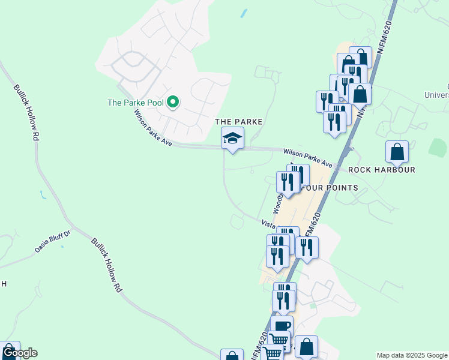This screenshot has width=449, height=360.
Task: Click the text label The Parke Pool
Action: pyautogui.click(x=135, y=103)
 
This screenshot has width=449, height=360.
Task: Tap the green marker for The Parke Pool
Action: pyautogui.click(x=173, y=103)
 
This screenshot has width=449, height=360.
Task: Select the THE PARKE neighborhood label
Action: pyautogui.click(x=239, y=122)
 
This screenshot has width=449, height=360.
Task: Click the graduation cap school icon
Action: pyautogui.click(x=232, y=139)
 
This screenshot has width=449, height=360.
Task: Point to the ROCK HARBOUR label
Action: pyautogui.click(x=382, y=170)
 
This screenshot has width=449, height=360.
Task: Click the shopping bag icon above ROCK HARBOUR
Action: pyautogui.click(x=397, y=151)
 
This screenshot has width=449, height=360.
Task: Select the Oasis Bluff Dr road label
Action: pyautogui.click(x=53, y=241)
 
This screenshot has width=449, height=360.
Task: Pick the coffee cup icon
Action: pyautogui.click(x=282, y=326)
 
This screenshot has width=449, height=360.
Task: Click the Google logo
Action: pyautogui.click(x=20, y=353)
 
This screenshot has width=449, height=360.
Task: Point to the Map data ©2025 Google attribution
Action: pyautogui.click(x=412, y=355)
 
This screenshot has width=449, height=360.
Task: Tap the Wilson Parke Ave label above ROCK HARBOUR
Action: pyautogui.click(x=307, y=158)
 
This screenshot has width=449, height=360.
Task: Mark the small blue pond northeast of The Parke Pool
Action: pyautogui.click(x=243, y=13)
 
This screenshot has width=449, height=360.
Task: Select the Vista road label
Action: pyautogui.click(x=268, y=223)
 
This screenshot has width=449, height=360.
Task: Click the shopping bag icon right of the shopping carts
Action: pyautogui.click(x=306, y=347)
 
